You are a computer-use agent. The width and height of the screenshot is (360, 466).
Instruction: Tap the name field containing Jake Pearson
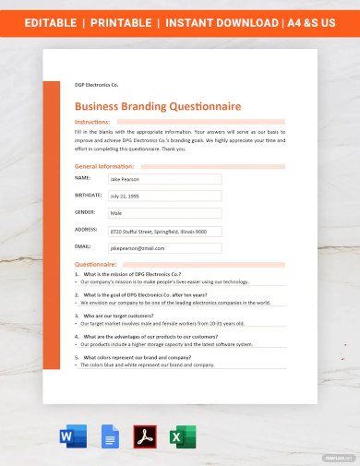[x=164, y=179]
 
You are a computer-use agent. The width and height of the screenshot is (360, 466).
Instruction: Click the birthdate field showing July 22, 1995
[x=164, y=197]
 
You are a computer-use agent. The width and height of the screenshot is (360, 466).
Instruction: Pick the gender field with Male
[x=164, y=213]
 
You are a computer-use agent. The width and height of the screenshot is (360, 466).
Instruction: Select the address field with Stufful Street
[x=164, y=231]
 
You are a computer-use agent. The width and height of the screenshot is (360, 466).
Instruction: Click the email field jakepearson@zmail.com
[x=164, y=248]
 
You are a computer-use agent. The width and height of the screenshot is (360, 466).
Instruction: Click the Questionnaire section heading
[x=95, y=265]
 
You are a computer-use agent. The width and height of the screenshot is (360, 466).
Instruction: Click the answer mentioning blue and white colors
[x=153, y=364]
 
